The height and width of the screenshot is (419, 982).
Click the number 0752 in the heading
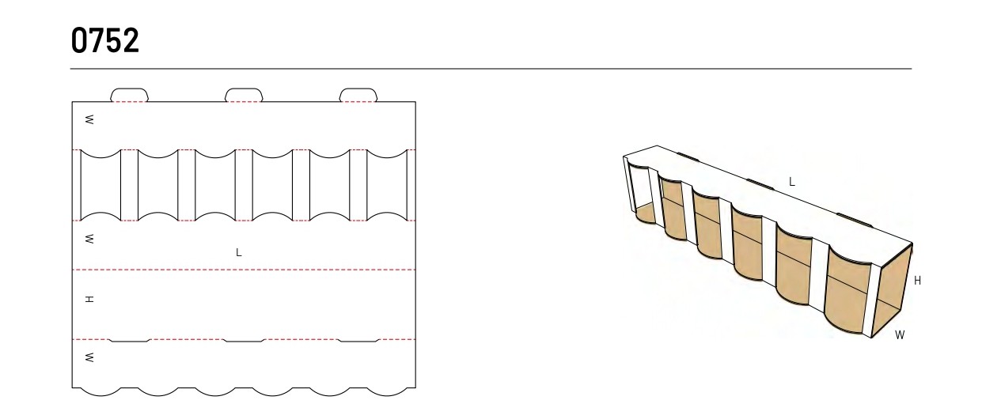point(104,40)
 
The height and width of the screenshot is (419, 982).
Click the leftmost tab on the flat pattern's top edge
point(129,95)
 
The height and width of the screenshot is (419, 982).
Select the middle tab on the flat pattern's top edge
point(244,95)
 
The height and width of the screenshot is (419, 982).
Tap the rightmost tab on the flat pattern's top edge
point(358,95)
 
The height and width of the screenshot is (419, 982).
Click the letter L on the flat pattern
point(239,253)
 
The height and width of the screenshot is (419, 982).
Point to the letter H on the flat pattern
point(89,300)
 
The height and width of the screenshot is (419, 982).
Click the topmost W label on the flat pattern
point(89,119)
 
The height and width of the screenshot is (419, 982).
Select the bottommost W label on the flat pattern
point(89,357)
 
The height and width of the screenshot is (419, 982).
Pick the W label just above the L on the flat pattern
point(89,239)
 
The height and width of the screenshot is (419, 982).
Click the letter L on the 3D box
point(792,182)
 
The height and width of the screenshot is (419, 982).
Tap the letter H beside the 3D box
point(918,281)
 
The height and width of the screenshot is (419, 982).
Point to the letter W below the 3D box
point(900,335)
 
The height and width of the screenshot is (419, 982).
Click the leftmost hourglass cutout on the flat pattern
point(100,185)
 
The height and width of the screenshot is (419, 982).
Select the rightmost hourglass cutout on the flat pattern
point(387,185)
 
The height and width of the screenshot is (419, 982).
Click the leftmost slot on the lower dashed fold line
point(129,341)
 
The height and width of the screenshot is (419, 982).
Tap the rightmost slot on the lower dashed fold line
point(358,341)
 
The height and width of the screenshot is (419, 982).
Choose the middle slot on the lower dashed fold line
point(244,341)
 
